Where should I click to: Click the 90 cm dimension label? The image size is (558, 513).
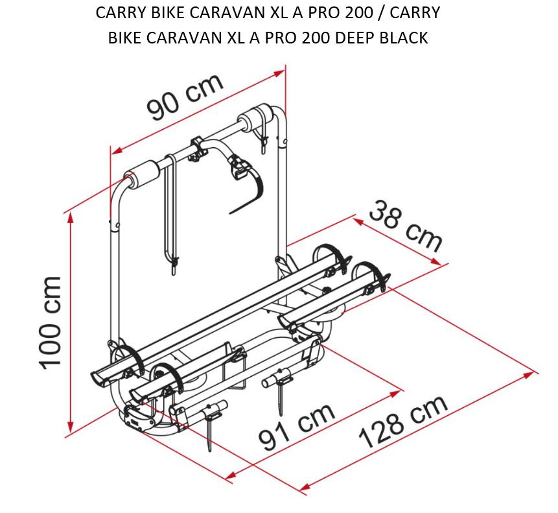click(x=185, y=97)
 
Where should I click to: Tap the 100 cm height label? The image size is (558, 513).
click(x=51, y=323)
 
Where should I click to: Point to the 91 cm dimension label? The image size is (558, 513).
click(x=296, y=427)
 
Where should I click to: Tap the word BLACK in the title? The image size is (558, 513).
click(x=404, y=38)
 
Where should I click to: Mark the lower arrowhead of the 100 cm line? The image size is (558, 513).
click(x=71, y=427)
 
